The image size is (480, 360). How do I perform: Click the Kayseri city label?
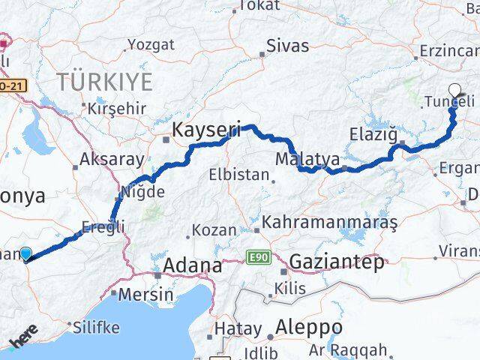207,130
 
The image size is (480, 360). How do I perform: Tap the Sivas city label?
288,46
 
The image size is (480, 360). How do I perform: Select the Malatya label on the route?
307,160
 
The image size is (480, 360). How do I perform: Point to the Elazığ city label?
372,134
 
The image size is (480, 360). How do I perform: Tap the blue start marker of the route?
27,255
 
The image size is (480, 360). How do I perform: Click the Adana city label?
194,265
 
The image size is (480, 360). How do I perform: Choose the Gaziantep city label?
336,262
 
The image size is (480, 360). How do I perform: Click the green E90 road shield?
257,258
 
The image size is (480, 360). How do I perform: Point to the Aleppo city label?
309,328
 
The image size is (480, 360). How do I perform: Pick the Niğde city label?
146,192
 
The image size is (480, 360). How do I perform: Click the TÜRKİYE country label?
106,81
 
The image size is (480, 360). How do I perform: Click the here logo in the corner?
23,341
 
